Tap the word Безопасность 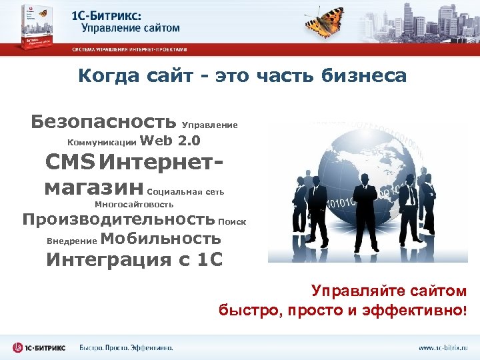103,121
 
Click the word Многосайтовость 134,205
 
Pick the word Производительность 118,219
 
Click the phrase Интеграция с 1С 134,259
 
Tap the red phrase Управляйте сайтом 389,291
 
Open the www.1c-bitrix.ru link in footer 443,347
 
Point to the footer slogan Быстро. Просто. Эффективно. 126,347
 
